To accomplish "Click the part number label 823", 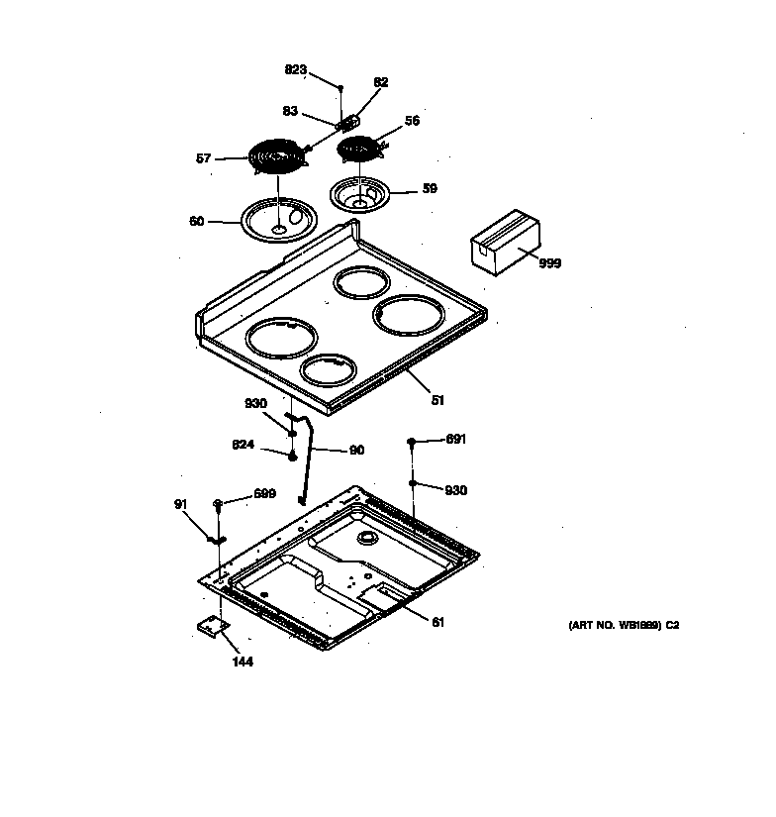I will pos(295,69).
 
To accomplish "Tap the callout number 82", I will pos(381,82).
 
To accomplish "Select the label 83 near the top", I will pos(290,112).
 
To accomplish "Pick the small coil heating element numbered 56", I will pos(360,150).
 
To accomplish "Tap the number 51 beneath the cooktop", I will pos(437,401).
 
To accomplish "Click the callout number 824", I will pos(243,445).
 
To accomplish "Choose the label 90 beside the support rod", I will pos(356,451).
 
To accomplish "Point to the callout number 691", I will pos(455,439).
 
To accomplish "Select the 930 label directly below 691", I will pos(455,490).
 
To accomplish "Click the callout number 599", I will pos(263,493).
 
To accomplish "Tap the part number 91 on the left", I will pos(180,504).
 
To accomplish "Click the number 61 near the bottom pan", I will pos(436,622).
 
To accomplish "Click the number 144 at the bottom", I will pos(242,662).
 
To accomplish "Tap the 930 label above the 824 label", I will pos(255,403).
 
